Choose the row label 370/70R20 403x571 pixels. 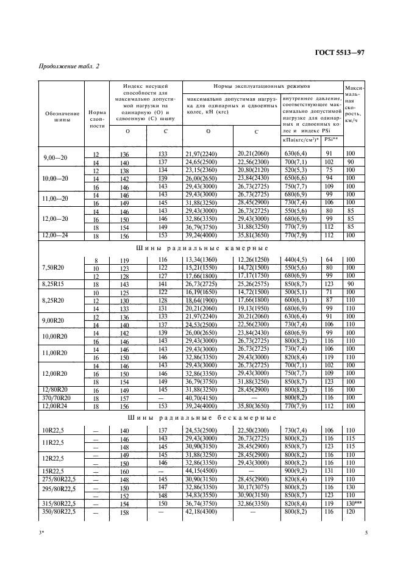[x=55, y=397]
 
